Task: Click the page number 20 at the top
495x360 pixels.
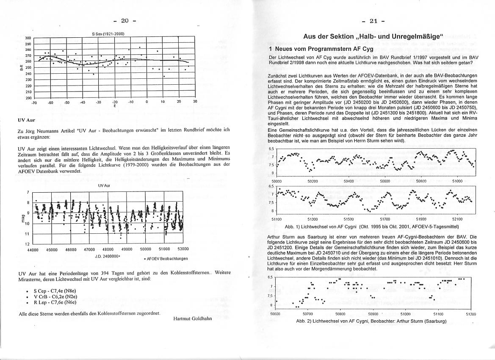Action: (124, 20)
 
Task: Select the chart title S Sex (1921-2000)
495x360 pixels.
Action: (108, 33)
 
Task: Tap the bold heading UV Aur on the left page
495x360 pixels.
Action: (27, 120)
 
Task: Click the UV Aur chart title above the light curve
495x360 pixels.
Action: (104, 186)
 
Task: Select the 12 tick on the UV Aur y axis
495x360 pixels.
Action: (28, 244)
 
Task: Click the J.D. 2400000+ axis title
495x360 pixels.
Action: (108, 256)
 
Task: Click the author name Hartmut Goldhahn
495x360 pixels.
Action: (193, 318)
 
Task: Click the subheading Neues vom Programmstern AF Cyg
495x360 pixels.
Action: (324, 49)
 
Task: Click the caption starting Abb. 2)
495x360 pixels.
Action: (371, 321)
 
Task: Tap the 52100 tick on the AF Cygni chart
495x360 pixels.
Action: (457, 219)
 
